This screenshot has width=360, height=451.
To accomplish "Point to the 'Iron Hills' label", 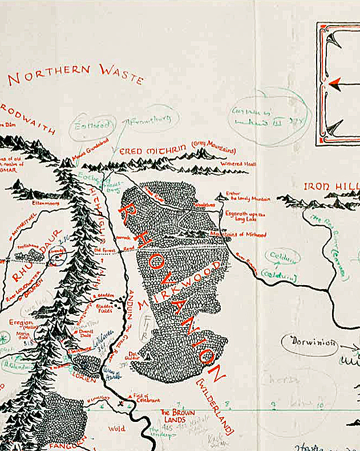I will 331,186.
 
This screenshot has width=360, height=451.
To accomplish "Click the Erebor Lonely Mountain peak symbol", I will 220,198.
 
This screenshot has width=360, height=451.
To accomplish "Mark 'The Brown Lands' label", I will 176,416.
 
